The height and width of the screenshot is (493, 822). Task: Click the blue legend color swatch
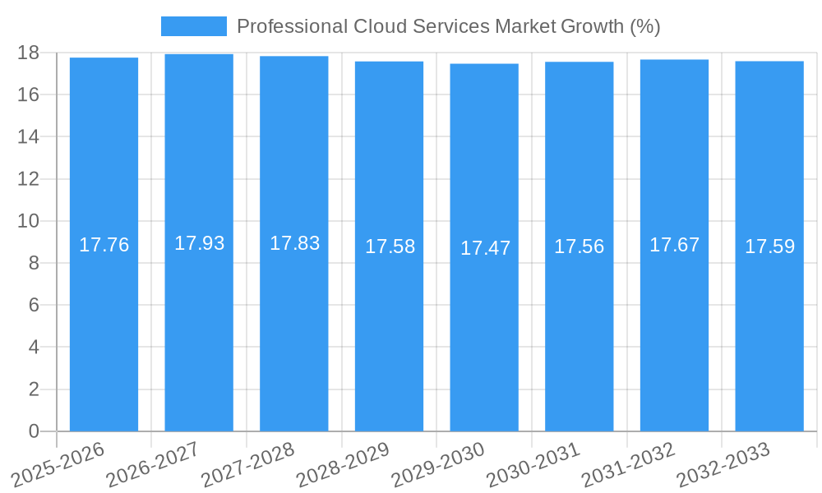(193, 26)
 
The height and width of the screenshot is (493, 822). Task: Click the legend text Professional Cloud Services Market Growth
(448, 26)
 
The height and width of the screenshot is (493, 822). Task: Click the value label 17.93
(199, 243)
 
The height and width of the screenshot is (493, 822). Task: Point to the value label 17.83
(294, 243)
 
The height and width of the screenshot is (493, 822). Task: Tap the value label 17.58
(390, 246)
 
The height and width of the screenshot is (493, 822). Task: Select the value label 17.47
(485, 248)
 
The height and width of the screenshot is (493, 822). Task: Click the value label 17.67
(674, 245)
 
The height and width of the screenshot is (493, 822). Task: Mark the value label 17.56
(579, 246)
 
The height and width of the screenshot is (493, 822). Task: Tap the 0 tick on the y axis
(34, 431)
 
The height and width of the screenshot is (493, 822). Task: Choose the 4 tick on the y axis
(34, 348)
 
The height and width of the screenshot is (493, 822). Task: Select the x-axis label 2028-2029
(343, 463)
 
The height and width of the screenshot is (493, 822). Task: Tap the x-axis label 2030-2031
(533, 463)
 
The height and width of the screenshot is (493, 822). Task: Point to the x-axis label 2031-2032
(628, 463)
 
